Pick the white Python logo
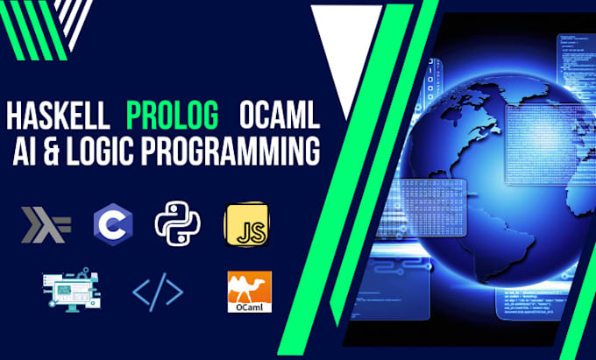[x=177, y=224]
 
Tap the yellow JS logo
[x=245, y=225]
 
